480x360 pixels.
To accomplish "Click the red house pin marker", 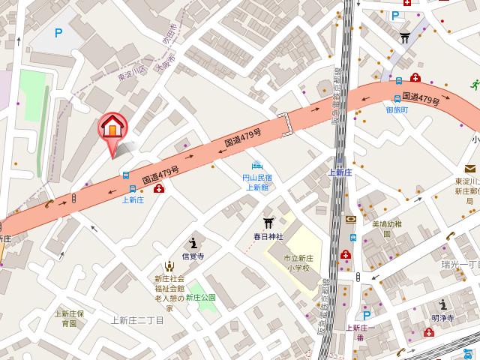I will pyautogui.click(x=112, y=128).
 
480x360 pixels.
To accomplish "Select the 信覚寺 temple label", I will pyautogui.click(x=193, y=254).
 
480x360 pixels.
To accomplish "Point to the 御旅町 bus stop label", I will pyautogui.click(x=397, y=109).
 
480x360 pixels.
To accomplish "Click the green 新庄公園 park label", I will pyautogui.click(x=201, y=298).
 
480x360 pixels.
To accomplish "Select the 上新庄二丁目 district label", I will pyautogui.click(x=137, y=319).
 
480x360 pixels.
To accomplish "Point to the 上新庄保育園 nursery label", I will pyautogui.click(x=69, y=319).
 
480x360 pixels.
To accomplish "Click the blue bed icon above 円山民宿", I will pyautogui.click(x=257, y=165).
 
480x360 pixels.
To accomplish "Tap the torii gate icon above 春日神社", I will pyautogui.click(x=266, y=223).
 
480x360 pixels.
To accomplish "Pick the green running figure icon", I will pyautogui.click(x=474, y=85).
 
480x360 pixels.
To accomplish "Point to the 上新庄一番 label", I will pyautogui.click(x=360, y=332).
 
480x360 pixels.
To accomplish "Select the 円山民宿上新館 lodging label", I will pyautogui.click(x=257, y=183).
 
